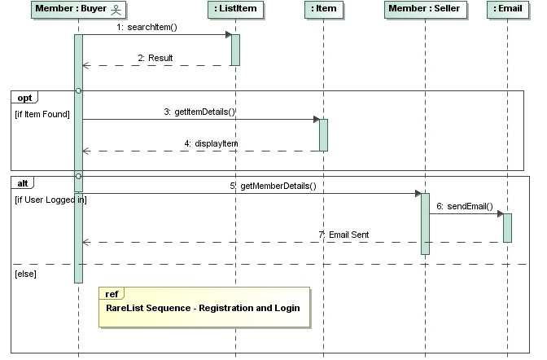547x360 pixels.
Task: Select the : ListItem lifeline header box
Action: pyautogui.click(x=235, y=9)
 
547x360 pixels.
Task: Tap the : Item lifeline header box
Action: pyautogui.click(x=323, y=9)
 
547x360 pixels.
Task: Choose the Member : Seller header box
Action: pyautogui.click(x=424, y=9)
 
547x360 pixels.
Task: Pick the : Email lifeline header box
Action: pyautogui.click(x=507, y=9)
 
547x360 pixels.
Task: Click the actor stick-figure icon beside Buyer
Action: pyautogui.click(x=116, y=9)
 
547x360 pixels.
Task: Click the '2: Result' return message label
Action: pyautogui.click(x=155, y=59)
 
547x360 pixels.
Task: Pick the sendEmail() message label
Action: pyautogui.click(x=465, y=206)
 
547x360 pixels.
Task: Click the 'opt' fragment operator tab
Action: pyautogui.click(x=24, y=98)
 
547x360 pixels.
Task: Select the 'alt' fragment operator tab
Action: pyautogui.click(x=23, y=183)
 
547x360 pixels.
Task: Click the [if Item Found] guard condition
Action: pyautogui.click(x=42, y=114)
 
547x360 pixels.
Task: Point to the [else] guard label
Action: pyautogui.click(x=26, y=274)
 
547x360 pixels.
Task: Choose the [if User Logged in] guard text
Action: pyautogui.click(x=50, y=200)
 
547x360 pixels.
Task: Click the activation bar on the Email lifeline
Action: pyautogui.click(x=507, y=227)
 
